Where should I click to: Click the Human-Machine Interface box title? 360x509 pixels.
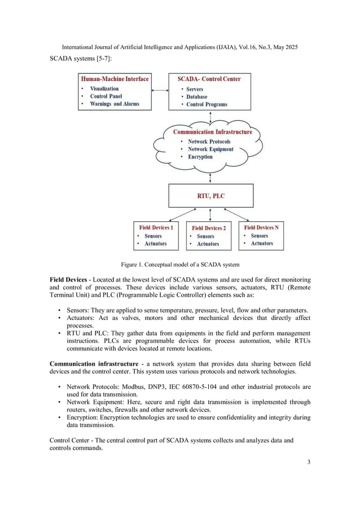(x=115, y=79)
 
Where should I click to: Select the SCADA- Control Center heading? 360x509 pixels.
(x=209, y=79)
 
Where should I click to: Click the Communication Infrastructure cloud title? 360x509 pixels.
(x=212, y=132)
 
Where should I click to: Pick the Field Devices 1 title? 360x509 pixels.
(x=156, y=227)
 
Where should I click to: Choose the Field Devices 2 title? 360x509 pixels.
(x=209, y=227)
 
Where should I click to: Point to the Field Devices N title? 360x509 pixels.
(x=261, y=227)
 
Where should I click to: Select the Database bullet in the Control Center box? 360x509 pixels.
(x=197, y=97)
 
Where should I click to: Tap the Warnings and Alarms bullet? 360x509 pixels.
(x=115, y=104)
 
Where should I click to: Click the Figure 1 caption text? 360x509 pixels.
(x=181, y=265)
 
